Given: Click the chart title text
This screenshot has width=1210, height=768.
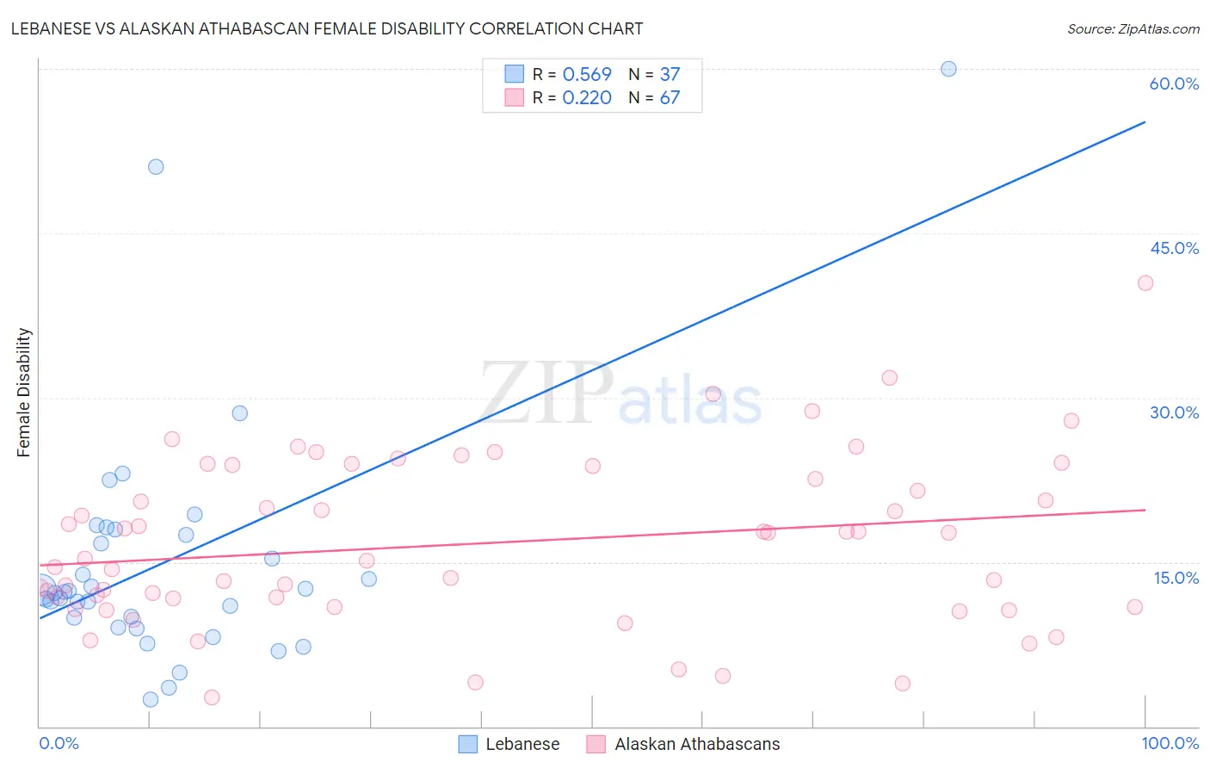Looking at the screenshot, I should point(327,28).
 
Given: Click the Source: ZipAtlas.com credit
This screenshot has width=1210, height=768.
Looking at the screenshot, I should point(1133,28).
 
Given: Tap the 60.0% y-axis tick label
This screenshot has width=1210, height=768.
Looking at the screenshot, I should point(1174,84).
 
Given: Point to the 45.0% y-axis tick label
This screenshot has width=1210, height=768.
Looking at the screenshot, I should point(1174,248).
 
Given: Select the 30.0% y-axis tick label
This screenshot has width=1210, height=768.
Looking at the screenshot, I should point(1174,412).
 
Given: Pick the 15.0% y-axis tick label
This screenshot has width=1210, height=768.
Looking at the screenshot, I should point(1176,578).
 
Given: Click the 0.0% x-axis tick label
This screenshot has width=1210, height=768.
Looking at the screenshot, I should point(59,743).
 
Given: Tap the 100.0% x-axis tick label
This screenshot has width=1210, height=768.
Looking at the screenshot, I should point(1170,743).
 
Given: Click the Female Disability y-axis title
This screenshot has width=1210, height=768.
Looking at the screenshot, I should point(24,392).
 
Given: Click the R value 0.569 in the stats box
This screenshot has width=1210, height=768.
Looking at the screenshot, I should point(587,75).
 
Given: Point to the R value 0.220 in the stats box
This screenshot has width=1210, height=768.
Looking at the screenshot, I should point(587,98).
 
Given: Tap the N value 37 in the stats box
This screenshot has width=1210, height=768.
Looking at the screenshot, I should point(670,75).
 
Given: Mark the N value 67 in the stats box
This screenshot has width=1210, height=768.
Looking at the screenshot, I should point(670,98).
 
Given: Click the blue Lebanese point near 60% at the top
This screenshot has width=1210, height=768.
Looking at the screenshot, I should point(948,69).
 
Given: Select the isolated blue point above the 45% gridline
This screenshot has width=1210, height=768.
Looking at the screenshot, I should point(156,167).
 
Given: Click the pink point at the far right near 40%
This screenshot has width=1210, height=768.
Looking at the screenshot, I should point(1145,283).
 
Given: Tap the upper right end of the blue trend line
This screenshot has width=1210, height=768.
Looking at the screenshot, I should point(1145,122).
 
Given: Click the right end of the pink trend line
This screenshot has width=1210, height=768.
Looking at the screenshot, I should point(1145,510).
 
